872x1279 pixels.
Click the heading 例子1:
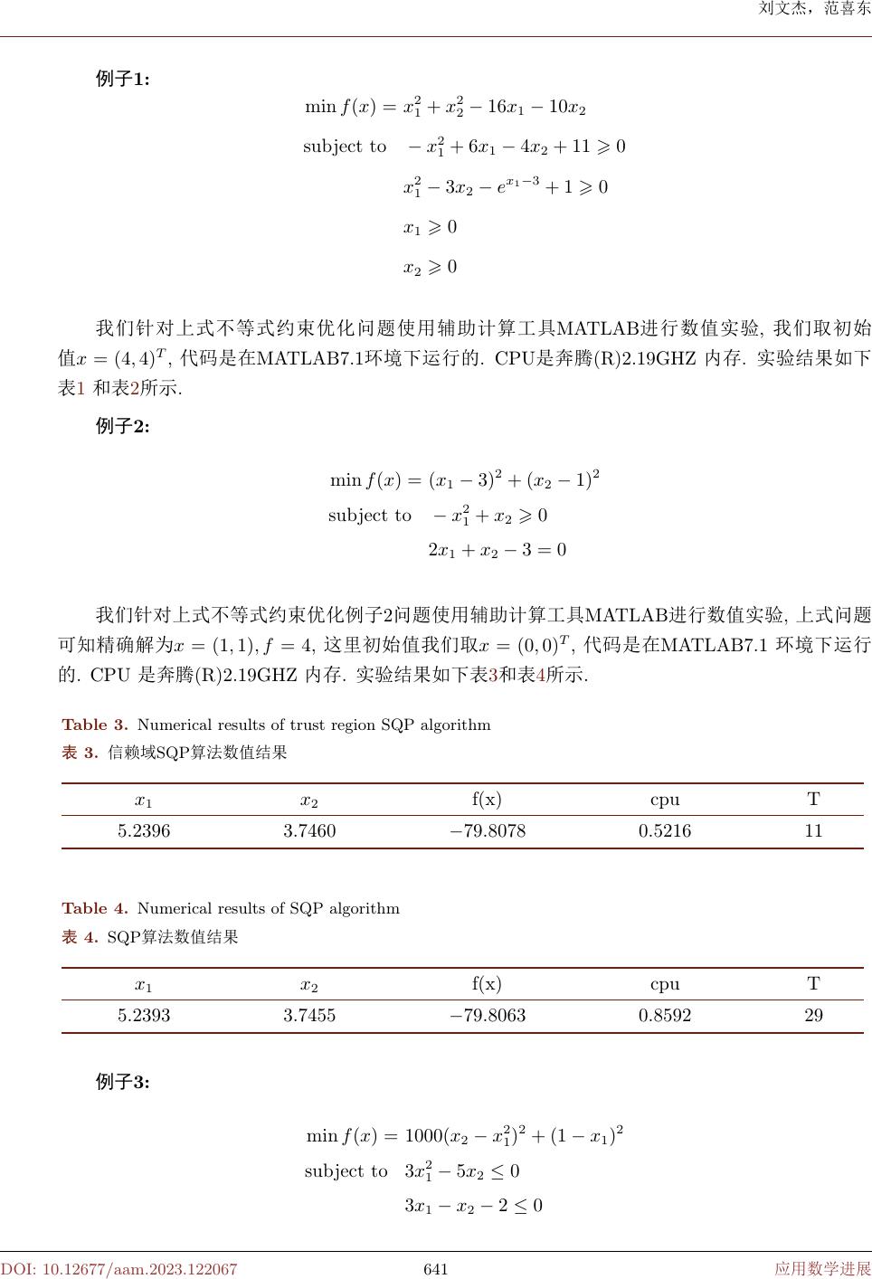pyautogui.click(x=123, y=79)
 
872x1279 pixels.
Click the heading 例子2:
pyautogui.click(x=123, y=426)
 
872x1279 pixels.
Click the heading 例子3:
pyautogui.click(x=123, y=1081)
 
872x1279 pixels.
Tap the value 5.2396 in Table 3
pyautogui.click(x=144, y=831)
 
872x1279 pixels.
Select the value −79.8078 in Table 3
pyautogui.click(x=488, y=831)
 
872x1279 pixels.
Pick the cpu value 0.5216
pyautogui.click(x=665, y=831)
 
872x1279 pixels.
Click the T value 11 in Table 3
pyautogui.click(x=813, y=831)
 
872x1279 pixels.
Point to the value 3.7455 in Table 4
pyautogui.click(x=309, y=1016)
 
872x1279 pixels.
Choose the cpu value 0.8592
pyautogui.click(x=665, y=1016)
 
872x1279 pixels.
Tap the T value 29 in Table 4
pyautogui.click(x=813, y=1016)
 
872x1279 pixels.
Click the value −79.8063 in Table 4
pyautogui.click(x=488, y=1016)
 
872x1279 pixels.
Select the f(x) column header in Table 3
pyautogui.click(x=487, y=800)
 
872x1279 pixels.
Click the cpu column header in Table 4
pyautogui.click(x=665, y=984)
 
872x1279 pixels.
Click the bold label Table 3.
pyautogui.click(x=95, y=725)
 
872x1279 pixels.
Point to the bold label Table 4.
pyautogui.click(x=95, y=908)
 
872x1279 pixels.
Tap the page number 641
pyautogui.click(x=436, y=1269)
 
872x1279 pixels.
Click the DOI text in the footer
pyautogui.click(x=118, y=1269)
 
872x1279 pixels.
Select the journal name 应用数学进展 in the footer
pyautogui.click(x=822, y=1269)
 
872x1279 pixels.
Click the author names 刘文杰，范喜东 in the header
pyautogui.click(x=813, y=12)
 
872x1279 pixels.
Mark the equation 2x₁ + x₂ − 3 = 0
pyautogui.click(x=497, y=550)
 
